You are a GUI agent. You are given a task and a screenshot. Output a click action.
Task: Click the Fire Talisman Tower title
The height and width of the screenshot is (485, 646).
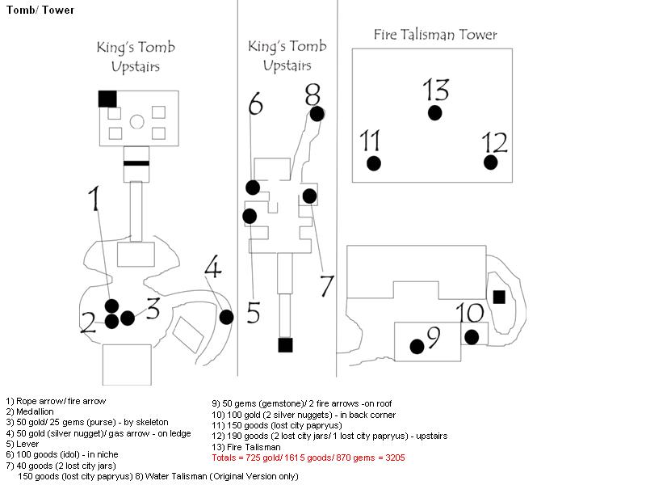pos(435,35)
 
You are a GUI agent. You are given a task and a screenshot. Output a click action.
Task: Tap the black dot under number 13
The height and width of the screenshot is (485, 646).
pos(434,112)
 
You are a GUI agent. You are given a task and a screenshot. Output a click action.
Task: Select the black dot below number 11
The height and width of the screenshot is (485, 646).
pos(374,163)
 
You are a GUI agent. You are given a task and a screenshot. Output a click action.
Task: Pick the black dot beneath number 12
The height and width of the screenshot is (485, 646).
pos(490,162)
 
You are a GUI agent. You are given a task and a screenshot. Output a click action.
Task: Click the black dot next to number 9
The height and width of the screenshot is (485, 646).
pos(417,347)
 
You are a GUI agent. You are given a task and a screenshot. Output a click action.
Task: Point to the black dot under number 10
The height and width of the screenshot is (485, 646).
pos(472,337)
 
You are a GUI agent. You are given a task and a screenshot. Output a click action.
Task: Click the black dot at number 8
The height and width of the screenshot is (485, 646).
pos(317,114)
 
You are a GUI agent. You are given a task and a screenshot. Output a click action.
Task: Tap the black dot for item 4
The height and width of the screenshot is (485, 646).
pos(226,317)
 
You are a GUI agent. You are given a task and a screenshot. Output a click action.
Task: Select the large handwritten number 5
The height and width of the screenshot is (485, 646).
pos(254,312)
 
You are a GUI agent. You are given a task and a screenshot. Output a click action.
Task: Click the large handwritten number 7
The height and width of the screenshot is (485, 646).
pos(327,285)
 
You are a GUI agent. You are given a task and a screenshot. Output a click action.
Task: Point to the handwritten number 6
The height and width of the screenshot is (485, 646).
pos(255,103)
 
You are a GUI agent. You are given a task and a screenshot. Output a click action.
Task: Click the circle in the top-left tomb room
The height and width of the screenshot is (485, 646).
pos(136,122)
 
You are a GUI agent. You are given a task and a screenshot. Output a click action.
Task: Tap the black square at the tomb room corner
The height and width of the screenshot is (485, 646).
pos(107,99)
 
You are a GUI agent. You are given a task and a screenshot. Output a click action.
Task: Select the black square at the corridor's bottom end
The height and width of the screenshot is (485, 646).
pos(285,345)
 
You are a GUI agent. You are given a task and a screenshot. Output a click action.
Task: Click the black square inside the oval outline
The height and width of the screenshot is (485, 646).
pos(499,297)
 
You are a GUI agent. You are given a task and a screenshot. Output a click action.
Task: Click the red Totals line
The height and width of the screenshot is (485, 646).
pos(308,458)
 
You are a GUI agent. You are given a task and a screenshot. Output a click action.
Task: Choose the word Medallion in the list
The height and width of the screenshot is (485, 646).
pos(35,411)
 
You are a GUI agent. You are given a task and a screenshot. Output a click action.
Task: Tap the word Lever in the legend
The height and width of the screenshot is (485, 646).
pos(27,444)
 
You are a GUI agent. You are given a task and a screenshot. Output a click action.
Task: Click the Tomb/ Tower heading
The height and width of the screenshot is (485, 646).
pos(40,10)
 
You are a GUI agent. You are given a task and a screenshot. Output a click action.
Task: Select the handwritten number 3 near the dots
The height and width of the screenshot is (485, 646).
pos(153,308)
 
